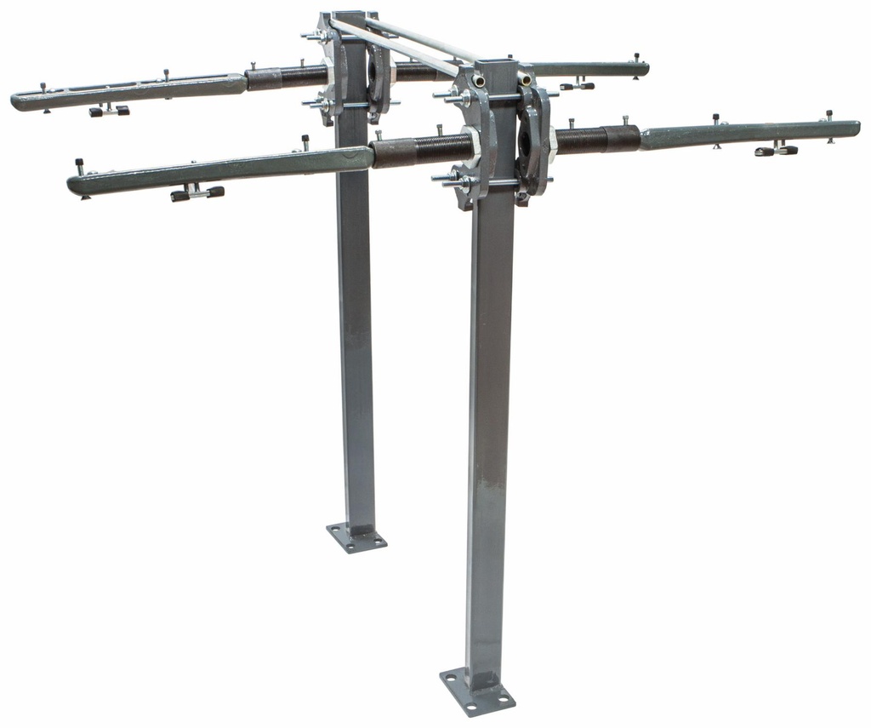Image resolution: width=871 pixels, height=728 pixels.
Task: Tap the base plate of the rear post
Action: (356, 537)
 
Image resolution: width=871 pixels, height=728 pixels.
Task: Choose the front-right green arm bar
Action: (749, 134)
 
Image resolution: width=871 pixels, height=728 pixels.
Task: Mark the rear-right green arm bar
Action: (587, 69)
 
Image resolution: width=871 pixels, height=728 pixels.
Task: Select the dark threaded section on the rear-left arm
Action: (286, 77)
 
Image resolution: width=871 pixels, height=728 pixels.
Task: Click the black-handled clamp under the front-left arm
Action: (196, 193)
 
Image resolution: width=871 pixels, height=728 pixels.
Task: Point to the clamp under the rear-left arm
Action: (109, 110)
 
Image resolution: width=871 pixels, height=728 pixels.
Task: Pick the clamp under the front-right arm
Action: (776, 150)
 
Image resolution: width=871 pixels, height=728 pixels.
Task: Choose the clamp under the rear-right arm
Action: (577, 84)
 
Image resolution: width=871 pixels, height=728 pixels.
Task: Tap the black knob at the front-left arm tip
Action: (79, 163)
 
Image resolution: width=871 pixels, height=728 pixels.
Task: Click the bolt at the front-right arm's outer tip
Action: (829, 115)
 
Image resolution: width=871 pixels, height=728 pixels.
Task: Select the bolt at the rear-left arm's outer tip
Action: (43, 87)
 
